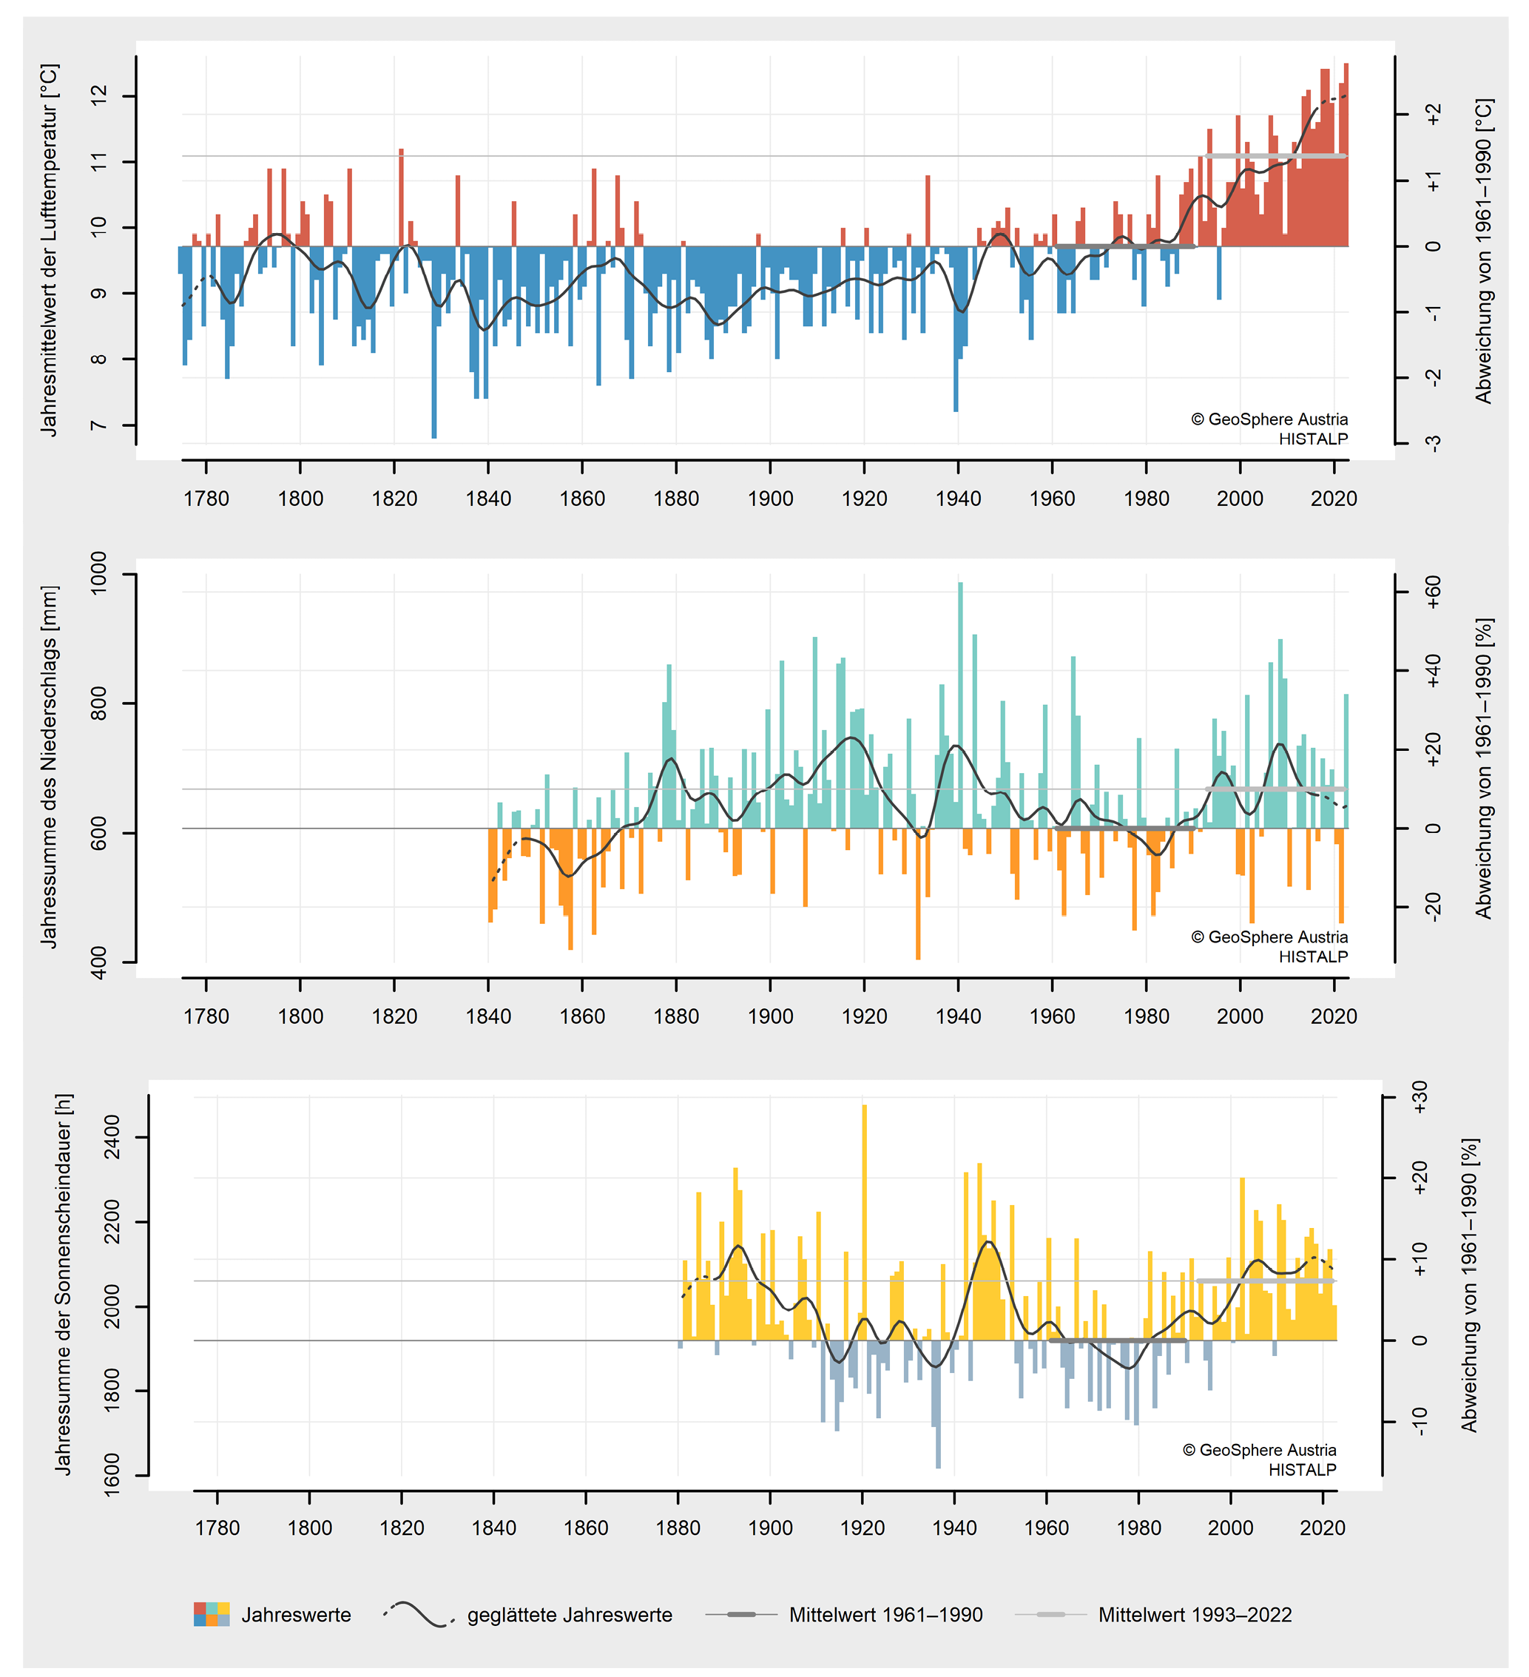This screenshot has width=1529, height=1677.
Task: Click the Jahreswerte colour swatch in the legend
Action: pos(212,1614)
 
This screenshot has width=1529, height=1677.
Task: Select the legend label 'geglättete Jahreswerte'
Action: pos(569,1615)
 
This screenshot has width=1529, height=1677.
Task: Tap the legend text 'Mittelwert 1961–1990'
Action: pos(885,1615)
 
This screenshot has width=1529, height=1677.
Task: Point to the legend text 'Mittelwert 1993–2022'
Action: pos(1195,1615)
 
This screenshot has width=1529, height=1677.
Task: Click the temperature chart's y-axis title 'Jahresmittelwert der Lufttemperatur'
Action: pos(50,249)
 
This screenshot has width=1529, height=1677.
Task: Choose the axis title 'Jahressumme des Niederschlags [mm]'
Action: pos(50,767)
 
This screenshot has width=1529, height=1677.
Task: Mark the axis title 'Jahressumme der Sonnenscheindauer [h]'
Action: pos(63,1285)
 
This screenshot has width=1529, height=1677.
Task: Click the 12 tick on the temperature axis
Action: pos(100,96)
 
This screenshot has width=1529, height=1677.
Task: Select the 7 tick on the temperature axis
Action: pos(100,425)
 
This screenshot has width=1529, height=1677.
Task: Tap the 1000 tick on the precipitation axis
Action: pos(98,573)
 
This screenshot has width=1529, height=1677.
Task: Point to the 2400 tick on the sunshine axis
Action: pos(112,1137)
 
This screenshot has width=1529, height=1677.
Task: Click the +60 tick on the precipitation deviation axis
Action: pos(1433,593)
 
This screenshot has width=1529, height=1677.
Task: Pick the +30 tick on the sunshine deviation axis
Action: pos(1420,1097)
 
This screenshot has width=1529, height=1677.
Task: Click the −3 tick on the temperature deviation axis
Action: pos(1433,443)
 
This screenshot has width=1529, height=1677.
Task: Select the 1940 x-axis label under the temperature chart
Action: pos(959,499)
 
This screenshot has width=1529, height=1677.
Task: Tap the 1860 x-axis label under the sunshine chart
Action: pos(586,1528)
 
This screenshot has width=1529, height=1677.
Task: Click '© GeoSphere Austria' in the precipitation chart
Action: pos(1269,937)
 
